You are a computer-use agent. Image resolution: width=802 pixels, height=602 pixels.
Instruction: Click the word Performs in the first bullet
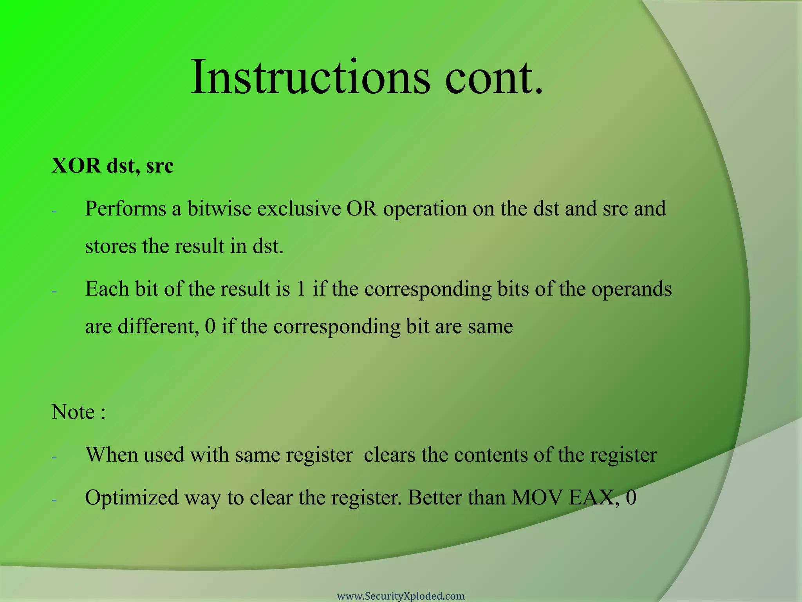click(x=125, y=209)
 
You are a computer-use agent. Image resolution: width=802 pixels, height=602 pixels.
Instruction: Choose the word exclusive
click(x=299, y=209)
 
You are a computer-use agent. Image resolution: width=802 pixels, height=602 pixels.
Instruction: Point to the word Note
click(x=73, y=412)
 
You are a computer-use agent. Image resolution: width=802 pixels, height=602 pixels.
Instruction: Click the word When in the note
click(x=111, y=455)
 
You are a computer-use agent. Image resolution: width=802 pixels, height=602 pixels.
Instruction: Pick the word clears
click(x=389, y=455)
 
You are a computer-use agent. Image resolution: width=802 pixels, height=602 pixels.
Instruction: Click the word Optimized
click(x=132, y=498)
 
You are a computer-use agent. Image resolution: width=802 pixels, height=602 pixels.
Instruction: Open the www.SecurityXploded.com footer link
click(x=401, y=596)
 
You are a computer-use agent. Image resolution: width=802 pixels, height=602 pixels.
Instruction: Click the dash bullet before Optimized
click(x=54, y=500)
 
